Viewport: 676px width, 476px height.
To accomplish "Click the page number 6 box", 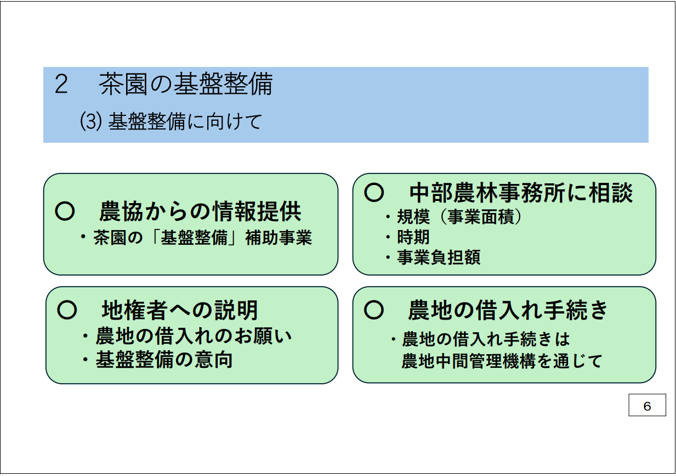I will pyautogui.click(x=647, y=406).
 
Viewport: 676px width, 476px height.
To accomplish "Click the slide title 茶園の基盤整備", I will pyautogui.click(x=186, y=84).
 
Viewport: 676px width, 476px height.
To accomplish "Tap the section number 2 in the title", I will pyautogui.click(x=61, y=85).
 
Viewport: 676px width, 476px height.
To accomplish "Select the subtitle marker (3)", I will pyautogui.click(x=89, y=121).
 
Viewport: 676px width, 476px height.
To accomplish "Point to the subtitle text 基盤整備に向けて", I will pyautogui.click(x=184, y=121).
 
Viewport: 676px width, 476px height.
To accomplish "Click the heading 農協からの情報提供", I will pyautogui.click(x=200, y=211).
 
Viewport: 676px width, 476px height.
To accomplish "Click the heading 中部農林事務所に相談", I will pyautogui.click(x=521, y=193).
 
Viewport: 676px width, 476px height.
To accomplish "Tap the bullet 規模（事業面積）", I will pyautogui.click(x=459, y=217).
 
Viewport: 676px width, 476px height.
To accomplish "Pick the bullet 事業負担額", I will pyautogui.click(x=439, y=257).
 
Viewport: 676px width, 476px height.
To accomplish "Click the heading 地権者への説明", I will pyautogui.click(x=180, y=311).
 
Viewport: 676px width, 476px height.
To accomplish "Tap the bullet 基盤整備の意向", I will pyautogui.click(x=164, y=360).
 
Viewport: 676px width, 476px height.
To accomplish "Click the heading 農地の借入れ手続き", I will pyautogui.click(x=508, y=310).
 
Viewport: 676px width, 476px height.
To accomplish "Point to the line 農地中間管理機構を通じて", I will pyautogui.click(x=502, y=361).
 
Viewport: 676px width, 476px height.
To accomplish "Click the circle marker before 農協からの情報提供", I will pyautogui.click(x=65, y=211).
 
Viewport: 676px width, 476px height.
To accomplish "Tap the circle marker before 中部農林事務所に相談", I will pyautogui.click(x=374, y=192).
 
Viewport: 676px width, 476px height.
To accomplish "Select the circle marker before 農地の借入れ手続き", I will pyautogui.click(x=374, y=310).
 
